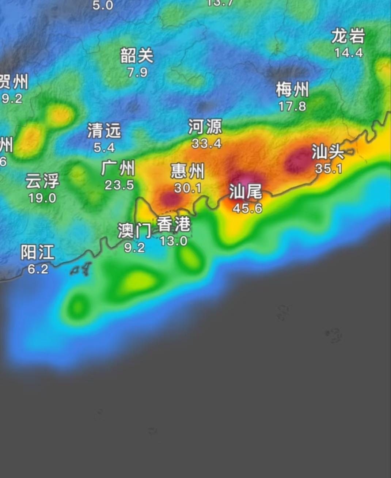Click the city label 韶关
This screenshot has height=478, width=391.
[137, 56]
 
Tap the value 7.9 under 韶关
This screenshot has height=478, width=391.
[137, 72]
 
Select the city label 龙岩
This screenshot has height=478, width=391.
[348, 36]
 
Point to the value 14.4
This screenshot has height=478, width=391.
[349, 53]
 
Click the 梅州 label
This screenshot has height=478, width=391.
[292, 90]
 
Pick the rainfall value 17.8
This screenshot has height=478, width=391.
[292, 106]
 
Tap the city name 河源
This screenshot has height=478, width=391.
[205, 127]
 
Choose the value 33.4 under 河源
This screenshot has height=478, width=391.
[206, 144]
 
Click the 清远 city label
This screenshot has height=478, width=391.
[104, 130]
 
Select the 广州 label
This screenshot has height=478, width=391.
[118, 168]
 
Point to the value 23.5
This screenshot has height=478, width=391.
[119, 185]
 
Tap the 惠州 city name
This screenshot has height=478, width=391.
[187, 171]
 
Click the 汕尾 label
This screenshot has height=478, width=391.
[246, 191]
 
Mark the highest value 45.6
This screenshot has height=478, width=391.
[247, 208]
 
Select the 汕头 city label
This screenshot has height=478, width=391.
[328, 152]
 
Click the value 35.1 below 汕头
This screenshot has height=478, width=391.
[329, 168]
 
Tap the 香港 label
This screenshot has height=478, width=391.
[174, 224]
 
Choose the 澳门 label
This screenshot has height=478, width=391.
[134, 231]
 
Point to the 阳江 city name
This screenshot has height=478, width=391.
[37, 252]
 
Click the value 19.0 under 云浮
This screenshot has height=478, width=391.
[42, 198]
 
